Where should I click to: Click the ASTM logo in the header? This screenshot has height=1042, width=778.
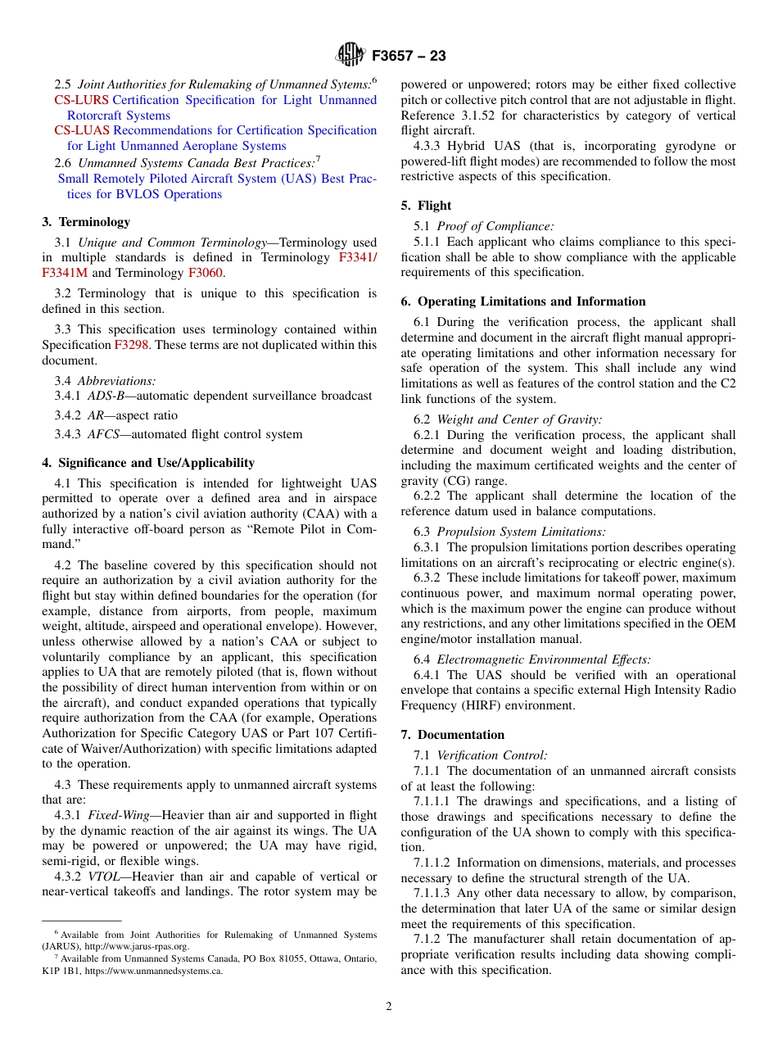tap(350, 56)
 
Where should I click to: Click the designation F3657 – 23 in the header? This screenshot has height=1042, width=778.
tap(409, 57)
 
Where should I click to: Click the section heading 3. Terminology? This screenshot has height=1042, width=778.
tap(86, 222)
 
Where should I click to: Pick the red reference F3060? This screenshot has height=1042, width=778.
tap(205, 273)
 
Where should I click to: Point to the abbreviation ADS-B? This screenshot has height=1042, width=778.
tap(106, 396)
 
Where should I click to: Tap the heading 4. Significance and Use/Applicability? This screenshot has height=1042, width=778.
tap(148, 463)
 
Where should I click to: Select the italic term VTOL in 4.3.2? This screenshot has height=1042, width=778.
tap(103, 877)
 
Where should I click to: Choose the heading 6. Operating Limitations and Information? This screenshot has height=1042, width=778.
tap(523, 301)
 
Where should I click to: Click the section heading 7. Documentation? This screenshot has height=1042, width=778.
tap(453, 735)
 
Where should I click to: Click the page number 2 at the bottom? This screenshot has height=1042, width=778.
tap(389, 1007)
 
